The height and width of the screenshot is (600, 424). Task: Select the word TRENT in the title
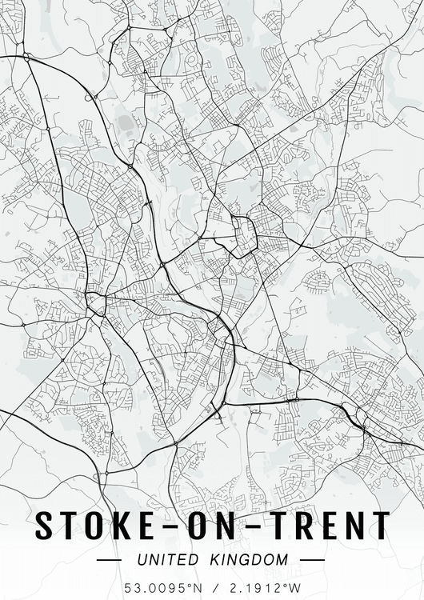[x=330, y=526]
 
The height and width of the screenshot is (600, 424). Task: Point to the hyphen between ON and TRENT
[x=258, y=527]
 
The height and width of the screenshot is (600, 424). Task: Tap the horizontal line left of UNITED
[x=109, y=561]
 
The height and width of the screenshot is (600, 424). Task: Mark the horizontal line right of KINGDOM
[x=313, y=561]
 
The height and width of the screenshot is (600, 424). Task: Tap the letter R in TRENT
[x=306, y=526]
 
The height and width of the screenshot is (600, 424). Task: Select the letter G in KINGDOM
[x=251, y=561]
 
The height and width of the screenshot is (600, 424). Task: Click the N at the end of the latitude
[x=199, y=588]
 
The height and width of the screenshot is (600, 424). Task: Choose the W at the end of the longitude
[x=295, y=588]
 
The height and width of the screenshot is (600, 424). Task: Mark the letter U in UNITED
[x=142, y=561]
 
